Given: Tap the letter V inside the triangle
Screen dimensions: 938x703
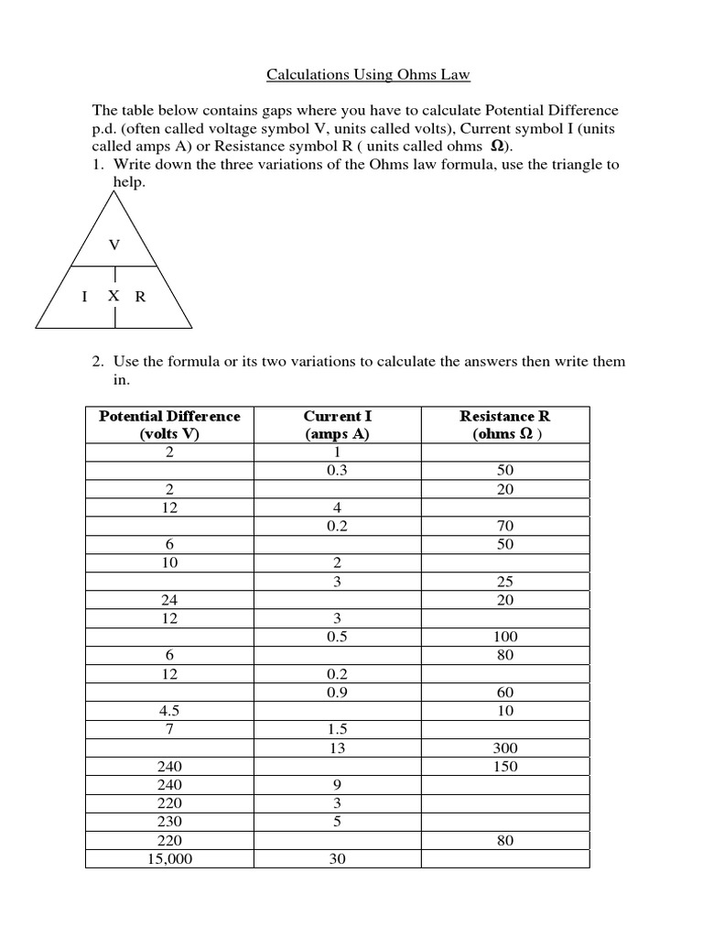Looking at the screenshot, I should coord(114,245).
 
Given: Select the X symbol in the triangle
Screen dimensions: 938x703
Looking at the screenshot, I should coord(114,296).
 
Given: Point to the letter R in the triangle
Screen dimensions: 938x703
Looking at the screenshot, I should coord(140,297).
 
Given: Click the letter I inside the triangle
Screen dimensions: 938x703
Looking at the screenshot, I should coord(84,297).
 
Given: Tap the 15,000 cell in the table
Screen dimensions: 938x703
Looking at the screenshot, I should coord(169,859).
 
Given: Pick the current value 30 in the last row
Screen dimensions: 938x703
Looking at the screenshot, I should coord(337,859).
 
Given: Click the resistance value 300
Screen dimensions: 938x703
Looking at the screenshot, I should coord(505,748).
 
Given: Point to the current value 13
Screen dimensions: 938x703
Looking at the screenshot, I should coord(337,748).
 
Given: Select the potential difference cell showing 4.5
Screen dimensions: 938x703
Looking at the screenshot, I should coord(169,712).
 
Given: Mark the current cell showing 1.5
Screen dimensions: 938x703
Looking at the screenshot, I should coord(337,730).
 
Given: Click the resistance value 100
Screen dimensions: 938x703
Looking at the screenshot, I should coord(505,637).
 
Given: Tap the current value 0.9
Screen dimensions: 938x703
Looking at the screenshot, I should coord(337,693).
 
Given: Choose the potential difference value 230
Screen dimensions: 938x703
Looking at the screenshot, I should coord(169,823).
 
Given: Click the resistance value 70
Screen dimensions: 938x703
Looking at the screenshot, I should coord(505,526).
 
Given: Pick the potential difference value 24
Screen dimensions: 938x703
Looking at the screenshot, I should coord(169,600).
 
